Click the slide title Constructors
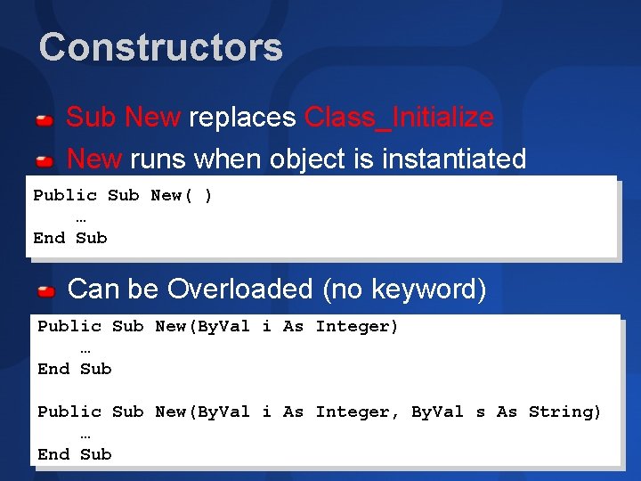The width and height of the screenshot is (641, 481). point(160,47)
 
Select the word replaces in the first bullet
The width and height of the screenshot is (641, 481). point(242,117)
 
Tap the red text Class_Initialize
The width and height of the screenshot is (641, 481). point(399,117)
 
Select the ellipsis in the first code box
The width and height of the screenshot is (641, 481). point(81,217)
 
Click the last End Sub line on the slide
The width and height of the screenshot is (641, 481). point(75,454)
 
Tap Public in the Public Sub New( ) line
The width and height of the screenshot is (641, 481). point(65,195)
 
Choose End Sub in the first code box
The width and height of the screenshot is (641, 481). point(70,238)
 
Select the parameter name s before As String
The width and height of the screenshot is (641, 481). point(481,412)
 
